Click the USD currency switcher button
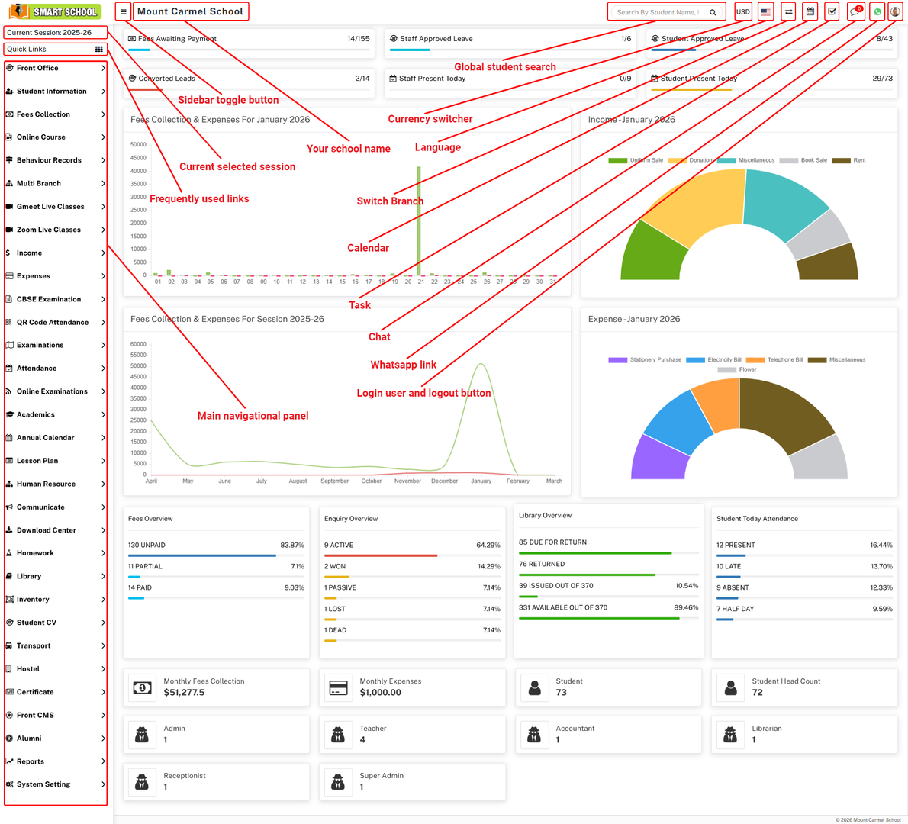[742, 11]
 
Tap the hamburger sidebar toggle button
[123, 11]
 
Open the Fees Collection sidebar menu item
[43, 114]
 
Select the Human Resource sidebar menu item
[46, 484]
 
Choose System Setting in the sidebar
[43, 784]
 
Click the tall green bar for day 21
[419, 221]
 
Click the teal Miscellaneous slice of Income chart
[782, 203]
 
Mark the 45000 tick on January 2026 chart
[138, 158]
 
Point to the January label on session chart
[481, 481]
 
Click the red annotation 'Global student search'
[504, 67]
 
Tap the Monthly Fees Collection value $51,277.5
[184, 693]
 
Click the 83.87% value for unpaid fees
[292, 546]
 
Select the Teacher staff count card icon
[338, 735]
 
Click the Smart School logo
[55, 11]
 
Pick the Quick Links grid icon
[98, 49]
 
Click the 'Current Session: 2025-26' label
[50, 33]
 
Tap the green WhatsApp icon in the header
[877, 11]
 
